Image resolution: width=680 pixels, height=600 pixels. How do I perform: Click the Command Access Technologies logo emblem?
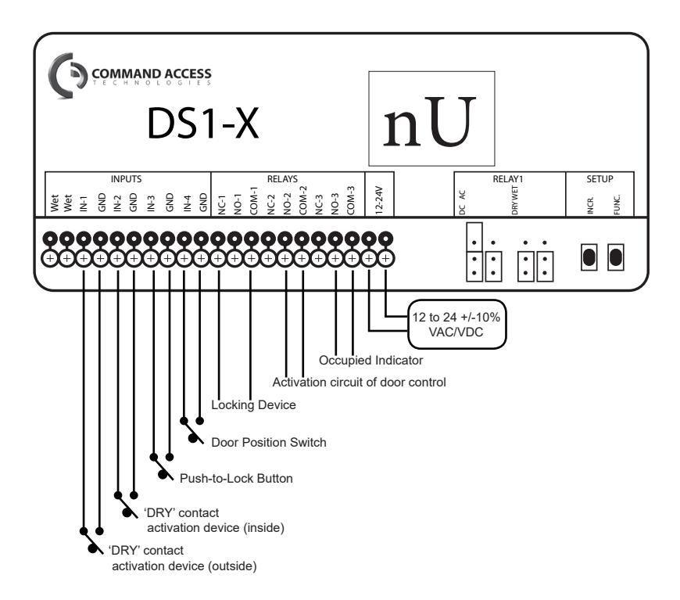click(x=67, y=76)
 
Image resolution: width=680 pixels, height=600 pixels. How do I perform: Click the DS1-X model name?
click(x=203, y=124)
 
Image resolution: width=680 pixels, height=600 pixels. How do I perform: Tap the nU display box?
click(x=431, y=119)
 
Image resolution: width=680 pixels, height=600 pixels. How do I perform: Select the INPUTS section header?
click(x=126, y=179)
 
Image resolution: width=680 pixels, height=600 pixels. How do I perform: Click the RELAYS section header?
click(x=282, y=179)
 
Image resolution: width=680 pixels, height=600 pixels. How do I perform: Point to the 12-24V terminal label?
click(x=379, y=200)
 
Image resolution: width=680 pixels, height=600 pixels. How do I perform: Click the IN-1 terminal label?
click(x=84, y=203)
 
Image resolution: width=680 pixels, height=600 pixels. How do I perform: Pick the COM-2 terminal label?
click(x=302, y=200)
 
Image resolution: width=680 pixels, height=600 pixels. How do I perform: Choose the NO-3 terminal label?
click(x=335, y=204)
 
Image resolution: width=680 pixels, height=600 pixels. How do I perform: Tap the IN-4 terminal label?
click(x=187, y=203)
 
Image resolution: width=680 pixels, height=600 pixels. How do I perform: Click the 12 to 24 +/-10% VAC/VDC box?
click(x=457, y=325)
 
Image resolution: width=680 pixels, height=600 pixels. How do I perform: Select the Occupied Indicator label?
click(x=370, y=361)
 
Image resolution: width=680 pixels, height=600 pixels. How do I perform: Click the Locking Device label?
click(x=254, y=405)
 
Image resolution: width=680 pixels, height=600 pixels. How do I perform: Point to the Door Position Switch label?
click(x=269, y=443)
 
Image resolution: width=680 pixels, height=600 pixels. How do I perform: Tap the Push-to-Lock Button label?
click(x=236, y=479)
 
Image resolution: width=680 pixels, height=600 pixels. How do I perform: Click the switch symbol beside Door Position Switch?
click(x=192, y=430)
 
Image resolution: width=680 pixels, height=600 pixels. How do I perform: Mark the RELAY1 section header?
click(x=508, y=179)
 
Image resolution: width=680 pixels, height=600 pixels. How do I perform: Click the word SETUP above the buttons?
click(x=599, y=179)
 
